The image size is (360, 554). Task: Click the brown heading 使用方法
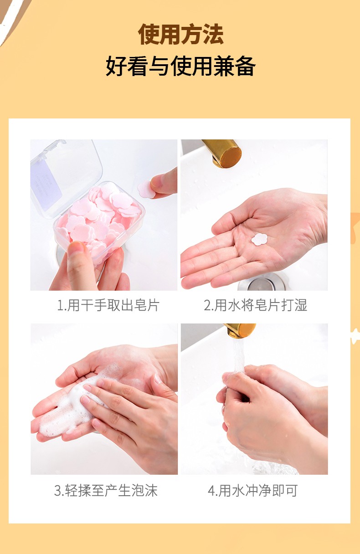pos(180,34)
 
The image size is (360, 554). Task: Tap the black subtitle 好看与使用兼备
pos(180,66)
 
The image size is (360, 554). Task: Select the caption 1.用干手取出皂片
pos(108,305)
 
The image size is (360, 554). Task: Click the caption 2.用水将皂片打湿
pos(255,305)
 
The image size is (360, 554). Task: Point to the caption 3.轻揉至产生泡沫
pos(106,490)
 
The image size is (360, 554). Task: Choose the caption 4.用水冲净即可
pos(253,490)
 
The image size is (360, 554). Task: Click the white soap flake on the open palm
pos(259,239)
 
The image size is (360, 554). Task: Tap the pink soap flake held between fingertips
pos(146,189)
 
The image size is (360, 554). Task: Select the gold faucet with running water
pos(241,330)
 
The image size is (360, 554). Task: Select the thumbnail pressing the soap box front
pos(76,247)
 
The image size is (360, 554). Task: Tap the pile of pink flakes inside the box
pos(99,218)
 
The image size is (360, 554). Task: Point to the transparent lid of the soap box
pos(67,179)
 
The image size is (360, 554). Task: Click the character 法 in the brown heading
pos(213,34)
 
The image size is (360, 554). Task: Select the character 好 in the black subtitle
pos(116,66)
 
